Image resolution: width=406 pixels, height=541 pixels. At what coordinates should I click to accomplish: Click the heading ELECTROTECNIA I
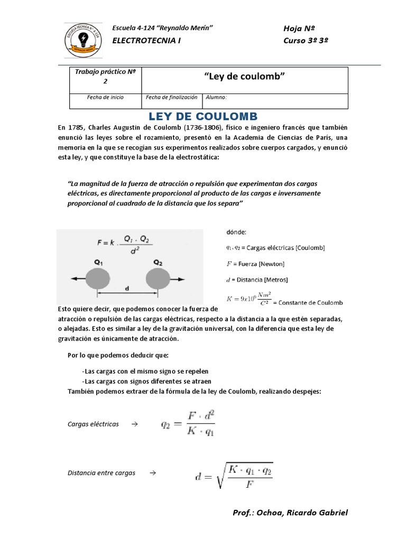click(x=147, y=41)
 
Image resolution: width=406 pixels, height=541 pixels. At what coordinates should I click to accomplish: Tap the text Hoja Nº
click(x=300, y=29)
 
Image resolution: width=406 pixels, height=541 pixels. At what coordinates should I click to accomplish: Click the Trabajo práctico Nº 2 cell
click(x=105, y=77)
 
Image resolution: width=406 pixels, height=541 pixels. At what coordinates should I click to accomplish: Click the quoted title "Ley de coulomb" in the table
click(x=244, y=77)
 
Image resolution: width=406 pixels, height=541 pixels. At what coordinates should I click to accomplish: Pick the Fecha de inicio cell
click(x=105, y=98)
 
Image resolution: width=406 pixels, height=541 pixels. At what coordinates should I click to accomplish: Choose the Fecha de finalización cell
click(x=171, y=98)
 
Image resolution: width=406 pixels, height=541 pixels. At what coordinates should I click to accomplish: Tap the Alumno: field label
click(x=216, y=98)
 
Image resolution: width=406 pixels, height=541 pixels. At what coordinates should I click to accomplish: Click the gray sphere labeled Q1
click(x=99, y=278)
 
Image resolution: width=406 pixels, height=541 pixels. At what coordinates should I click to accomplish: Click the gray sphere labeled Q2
click(x=158, y=278)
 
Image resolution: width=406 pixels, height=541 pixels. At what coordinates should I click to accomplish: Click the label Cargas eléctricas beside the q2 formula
click(x=94, y=424)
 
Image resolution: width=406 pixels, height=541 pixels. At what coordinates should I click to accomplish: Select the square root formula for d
click(x=233, y=474)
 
